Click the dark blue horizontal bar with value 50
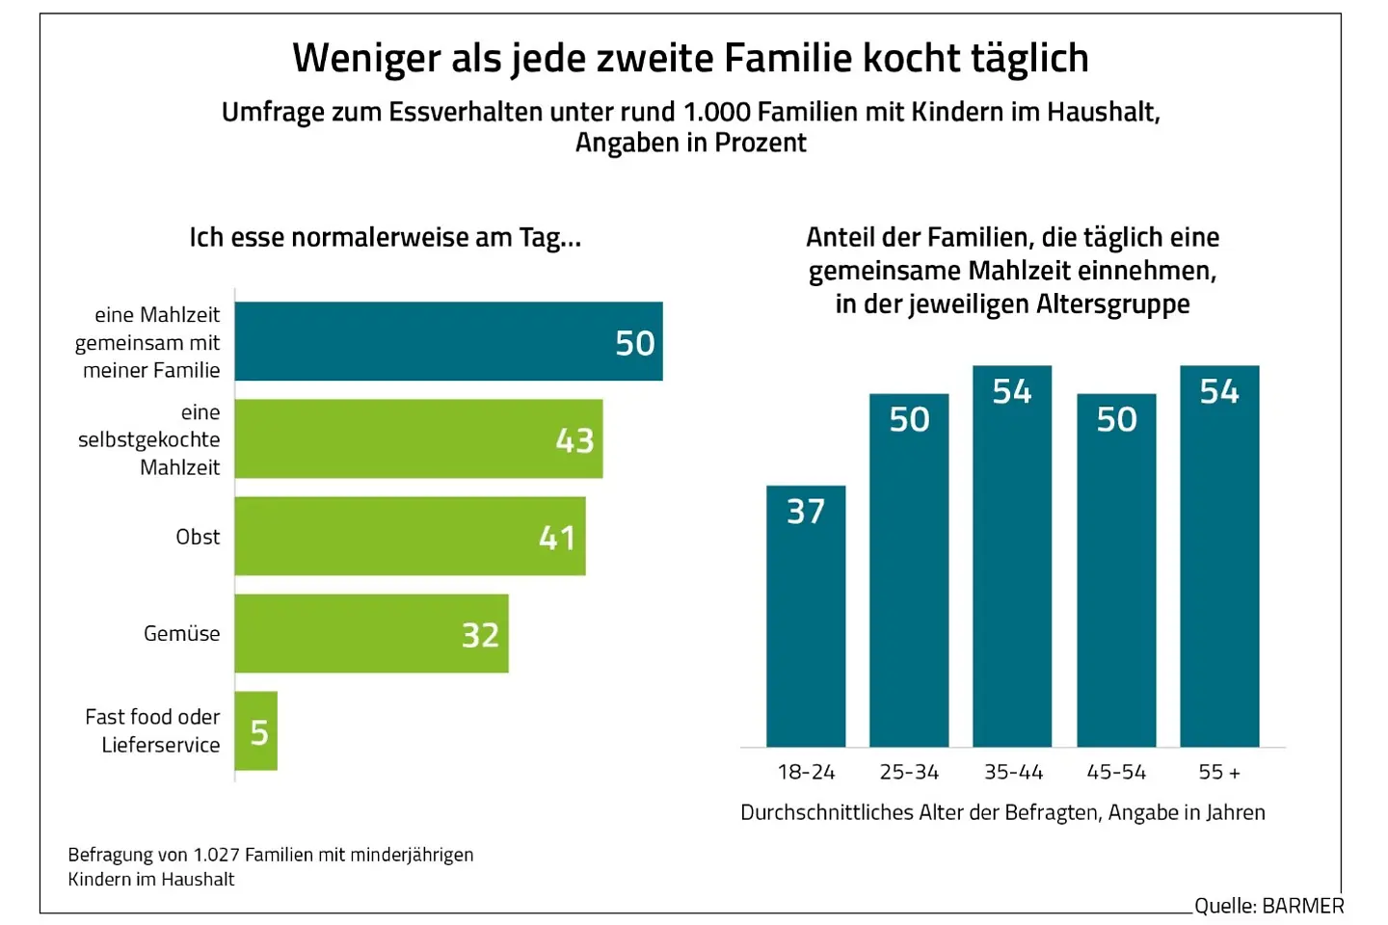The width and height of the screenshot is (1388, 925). coord(448,341)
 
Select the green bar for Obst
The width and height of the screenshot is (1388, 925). coord(410,536)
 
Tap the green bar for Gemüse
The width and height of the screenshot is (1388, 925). coord(371,633)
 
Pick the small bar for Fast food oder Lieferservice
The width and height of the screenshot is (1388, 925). coord(255,730)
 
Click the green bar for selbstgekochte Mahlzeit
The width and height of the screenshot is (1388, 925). coord(418,438)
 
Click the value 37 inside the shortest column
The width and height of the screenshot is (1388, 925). coord(806,512)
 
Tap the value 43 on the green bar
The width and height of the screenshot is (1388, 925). coord(574,440)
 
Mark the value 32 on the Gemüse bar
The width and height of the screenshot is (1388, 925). coord(480,635)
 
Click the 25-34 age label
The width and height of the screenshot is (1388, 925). coord(909,772)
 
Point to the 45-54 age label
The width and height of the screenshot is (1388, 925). coord(1116,772)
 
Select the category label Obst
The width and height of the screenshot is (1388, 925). coord(198,537)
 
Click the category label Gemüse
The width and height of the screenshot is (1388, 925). coord(181,633)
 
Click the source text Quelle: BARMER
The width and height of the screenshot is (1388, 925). coord(1268,906)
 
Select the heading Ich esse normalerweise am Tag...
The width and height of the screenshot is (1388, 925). coord(385,237)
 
